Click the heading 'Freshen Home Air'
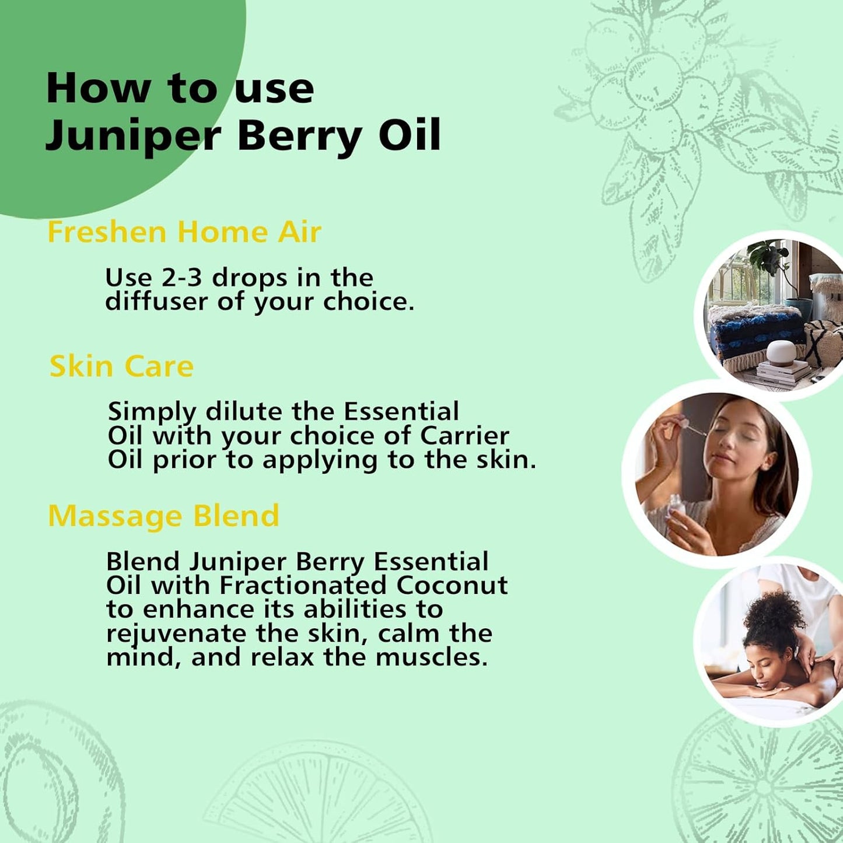(x=184, y=232)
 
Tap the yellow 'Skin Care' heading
(x=121, y=366)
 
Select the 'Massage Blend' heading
(x=163, y=516)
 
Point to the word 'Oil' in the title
(x=410, y=135)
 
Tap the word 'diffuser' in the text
(x=157, y=302)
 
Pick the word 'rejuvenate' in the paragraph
(x=176, y=634)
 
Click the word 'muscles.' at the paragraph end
(x=431, y=657)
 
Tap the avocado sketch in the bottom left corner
(x=41, y=776)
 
